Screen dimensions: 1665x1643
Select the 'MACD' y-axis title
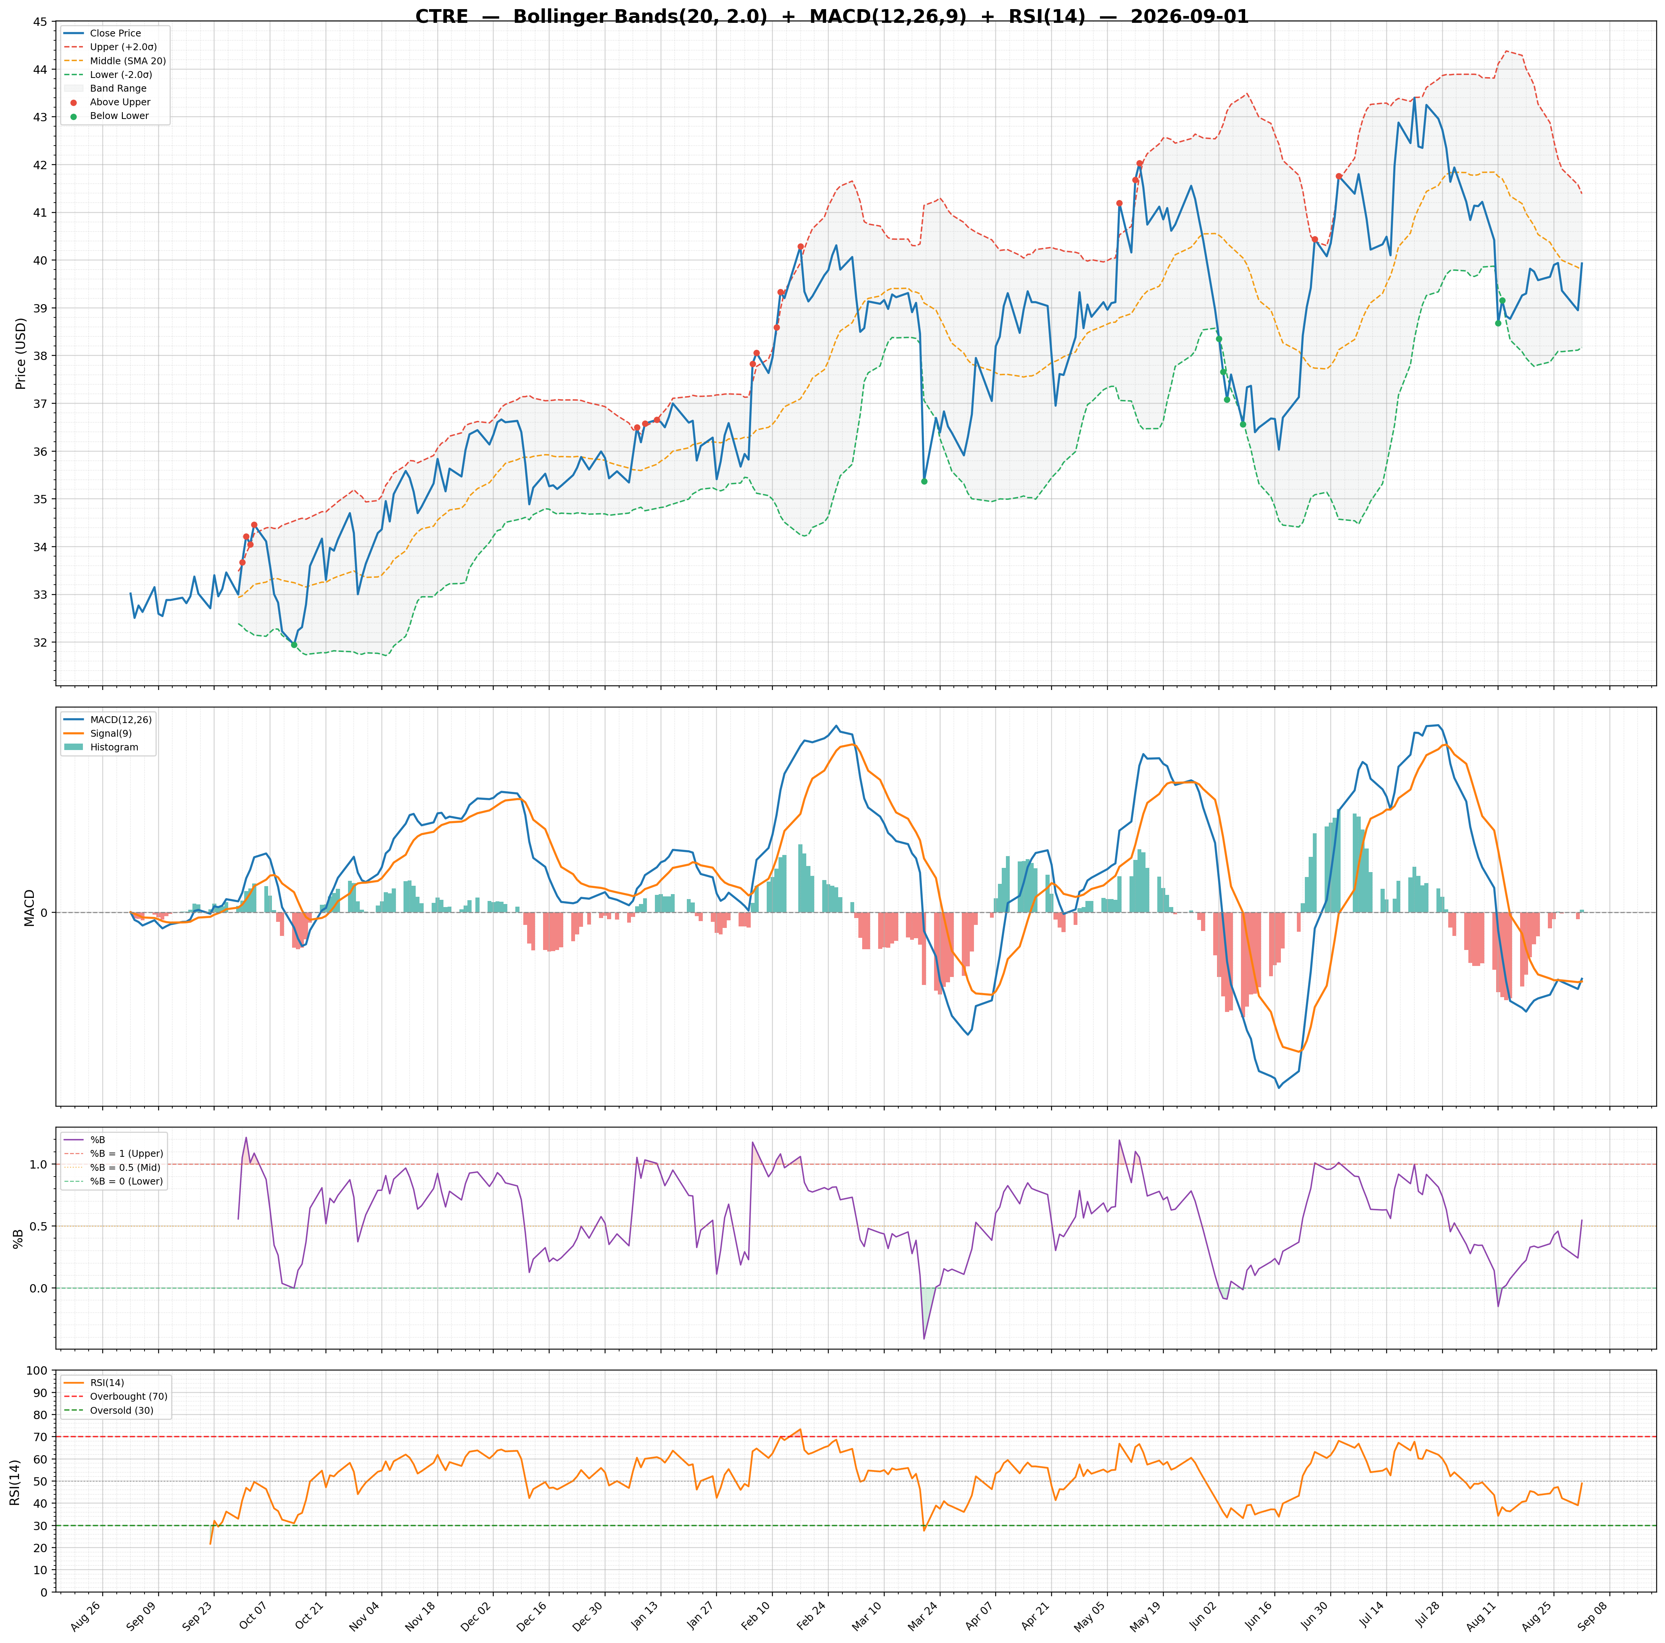tap(29, 907)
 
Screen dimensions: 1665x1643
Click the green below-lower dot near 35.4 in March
tap(924, 482)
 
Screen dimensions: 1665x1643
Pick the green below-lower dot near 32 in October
tap(294, 644)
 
